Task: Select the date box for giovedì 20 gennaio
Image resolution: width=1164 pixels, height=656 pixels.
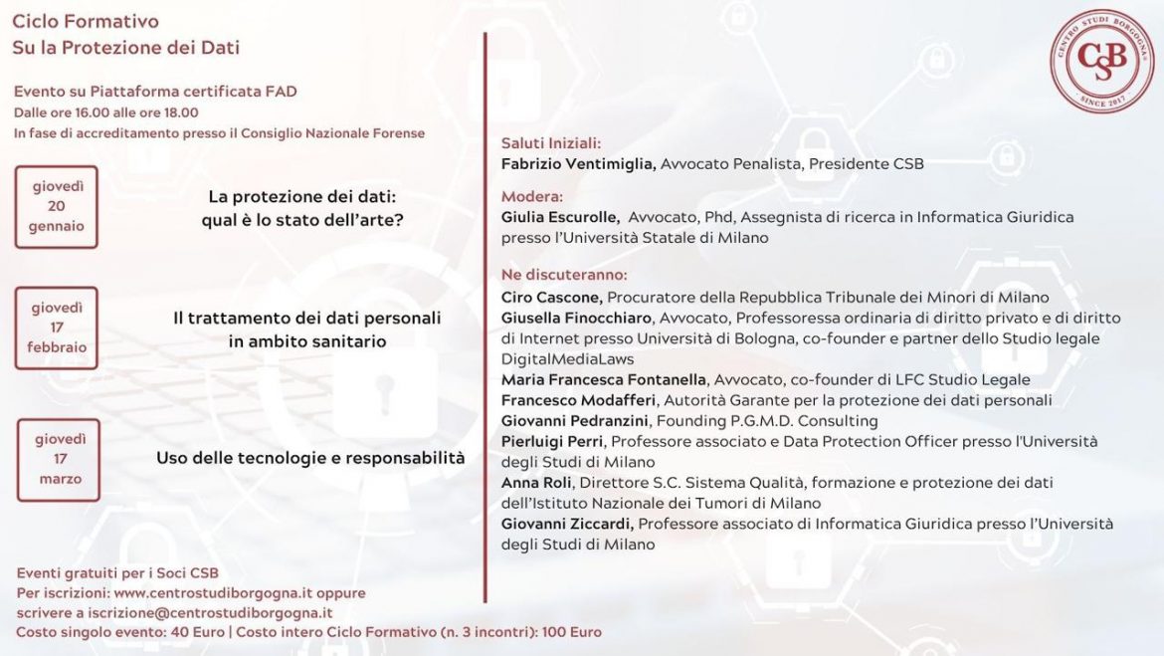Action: [58, 206]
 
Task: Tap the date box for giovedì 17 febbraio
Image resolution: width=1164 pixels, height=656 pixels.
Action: [58, 328]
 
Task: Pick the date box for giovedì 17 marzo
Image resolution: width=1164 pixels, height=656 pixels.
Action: [60, 459]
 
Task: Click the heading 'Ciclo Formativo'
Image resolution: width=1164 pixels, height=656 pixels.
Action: [86, 22]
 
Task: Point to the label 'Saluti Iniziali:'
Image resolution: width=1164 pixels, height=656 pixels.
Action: [551, 143]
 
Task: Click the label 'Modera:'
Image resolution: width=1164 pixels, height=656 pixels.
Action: [532, 196]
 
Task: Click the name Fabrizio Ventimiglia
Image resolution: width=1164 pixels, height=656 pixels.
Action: [578, 163]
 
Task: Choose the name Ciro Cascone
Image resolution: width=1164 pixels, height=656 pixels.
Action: [551, 297]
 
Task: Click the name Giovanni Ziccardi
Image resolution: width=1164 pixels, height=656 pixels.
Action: [568, 524]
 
